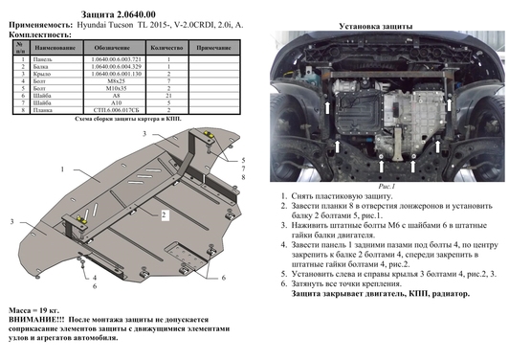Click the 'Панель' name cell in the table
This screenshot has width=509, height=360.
[x=48, y=60]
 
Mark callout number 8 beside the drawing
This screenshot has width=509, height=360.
[x=244, y=178]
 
